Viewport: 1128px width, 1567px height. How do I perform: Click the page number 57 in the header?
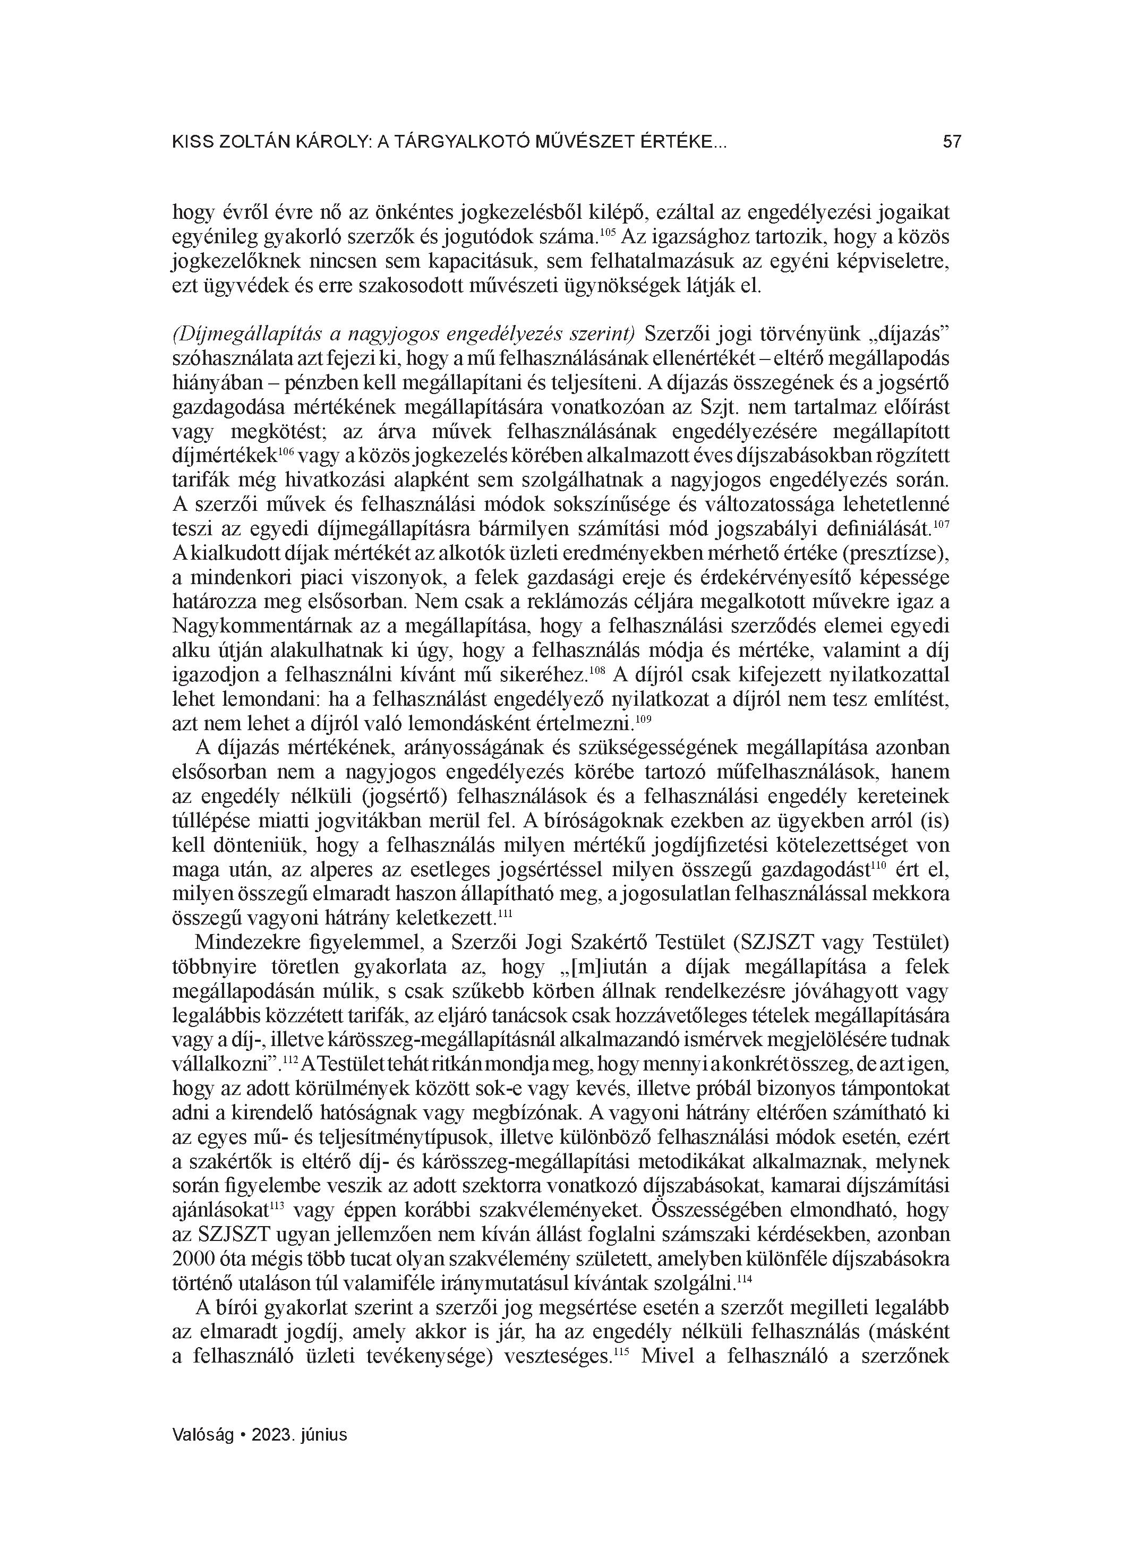point(952,142)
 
